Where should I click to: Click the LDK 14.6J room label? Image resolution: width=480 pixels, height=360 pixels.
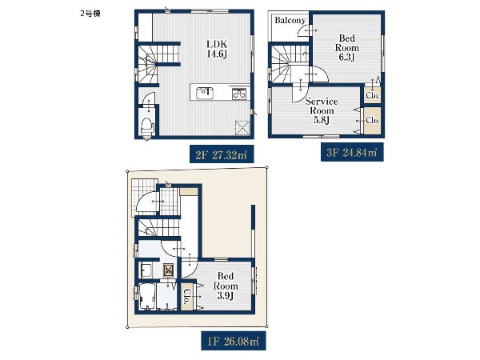(217, 49)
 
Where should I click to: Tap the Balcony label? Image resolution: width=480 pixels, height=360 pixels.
(290, 20)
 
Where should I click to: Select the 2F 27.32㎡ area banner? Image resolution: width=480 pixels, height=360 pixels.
(222, 154)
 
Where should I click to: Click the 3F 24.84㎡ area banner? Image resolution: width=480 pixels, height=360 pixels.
(352, 152)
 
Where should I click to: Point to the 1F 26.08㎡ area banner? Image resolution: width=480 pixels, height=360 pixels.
(234, 341)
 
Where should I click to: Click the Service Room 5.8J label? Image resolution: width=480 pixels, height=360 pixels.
(322, 110)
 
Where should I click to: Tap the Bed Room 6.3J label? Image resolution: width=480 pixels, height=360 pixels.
(347, 47)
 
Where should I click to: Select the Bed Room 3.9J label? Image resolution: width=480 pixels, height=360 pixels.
(226, 286)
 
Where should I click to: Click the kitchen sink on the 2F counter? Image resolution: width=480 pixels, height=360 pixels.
(205, 93)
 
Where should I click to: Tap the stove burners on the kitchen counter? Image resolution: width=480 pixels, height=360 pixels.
(239, 93)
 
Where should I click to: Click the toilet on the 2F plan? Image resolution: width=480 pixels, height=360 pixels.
(147, 127)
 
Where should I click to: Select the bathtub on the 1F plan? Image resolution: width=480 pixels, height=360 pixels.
(147, 297)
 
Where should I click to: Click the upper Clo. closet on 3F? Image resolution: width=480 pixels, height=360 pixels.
(373, 95)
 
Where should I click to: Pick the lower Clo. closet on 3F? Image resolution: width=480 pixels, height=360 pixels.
(373, 120)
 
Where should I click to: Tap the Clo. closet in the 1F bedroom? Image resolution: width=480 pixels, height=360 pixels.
(186, 296)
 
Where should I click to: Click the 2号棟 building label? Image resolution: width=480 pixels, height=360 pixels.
(90, 14)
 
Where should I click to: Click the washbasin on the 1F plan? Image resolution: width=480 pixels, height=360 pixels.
(146, 270)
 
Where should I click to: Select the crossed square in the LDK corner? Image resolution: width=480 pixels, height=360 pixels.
(242, 128)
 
